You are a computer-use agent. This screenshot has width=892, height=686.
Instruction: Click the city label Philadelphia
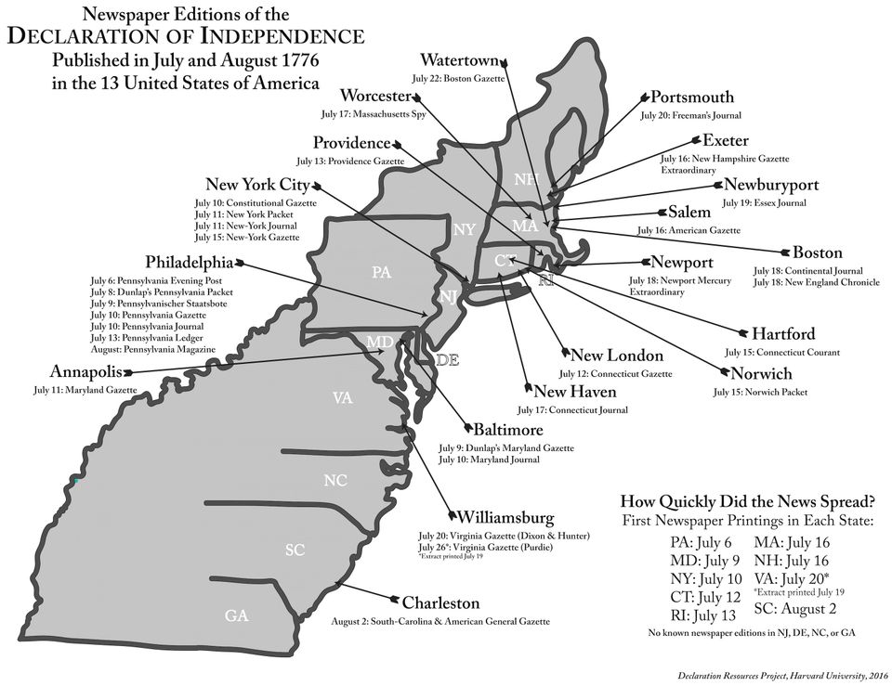tap(189, 263)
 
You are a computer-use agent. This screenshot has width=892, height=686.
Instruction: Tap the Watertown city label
tap(458, 61)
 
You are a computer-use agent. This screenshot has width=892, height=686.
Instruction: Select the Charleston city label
tap(440, 603)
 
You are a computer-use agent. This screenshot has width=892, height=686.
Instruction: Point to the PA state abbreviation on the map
tap(381, 273)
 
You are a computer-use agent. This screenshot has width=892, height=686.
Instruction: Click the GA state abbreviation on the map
tap(236, 615)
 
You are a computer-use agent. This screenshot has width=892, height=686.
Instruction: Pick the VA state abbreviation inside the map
tap(342, 398)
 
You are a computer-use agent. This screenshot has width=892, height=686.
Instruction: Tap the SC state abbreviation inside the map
tap(295, 550)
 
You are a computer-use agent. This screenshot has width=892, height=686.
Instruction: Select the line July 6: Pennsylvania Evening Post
tap(155, 280)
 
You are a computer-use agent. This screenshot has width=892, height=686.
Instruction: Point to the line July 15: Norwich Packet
tap(759, 393)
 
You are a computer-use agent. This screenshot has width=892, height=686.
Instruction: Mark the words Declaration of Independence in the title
tap(185, 36)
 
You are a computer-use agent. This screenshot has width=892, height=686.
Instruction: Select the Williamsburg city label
tap(505, 517)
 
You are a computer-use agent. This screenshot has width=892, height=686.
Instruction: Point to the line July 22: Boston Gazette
tap(462, 79)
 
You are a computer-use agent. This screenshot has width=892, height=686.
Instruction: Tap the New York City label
tap(256, 185)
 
